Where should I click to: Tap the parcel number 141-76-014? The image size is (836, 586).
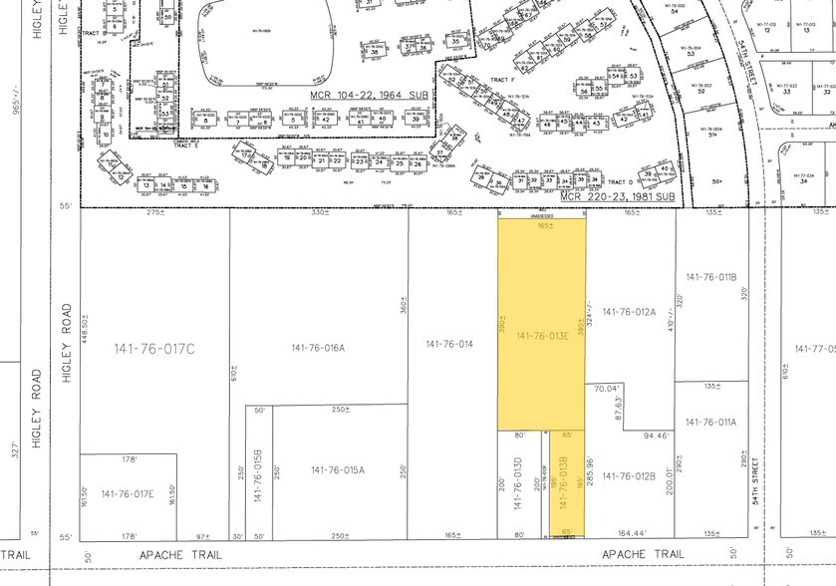[448, 344]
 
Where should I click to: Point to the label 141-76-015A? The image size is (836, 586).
[338, 470]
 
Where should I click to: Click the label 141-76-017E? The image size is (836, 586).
[128, 494]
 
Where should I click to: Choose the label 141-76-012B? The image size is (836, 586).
[629, 475]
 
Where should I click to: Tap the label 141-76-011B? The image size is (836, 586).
[710, 276]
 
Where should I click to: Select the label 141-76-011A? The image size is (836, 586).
[710, 422]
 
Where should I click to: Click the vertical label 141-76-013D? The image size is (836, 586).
[519, 485]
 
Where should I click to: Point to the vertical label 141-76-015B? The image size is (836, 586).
[258, 477]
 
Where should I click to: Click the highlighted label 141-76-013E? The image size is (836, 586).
[543, 336]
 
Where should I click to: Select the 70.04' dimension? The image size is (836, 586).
[608, 389]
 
